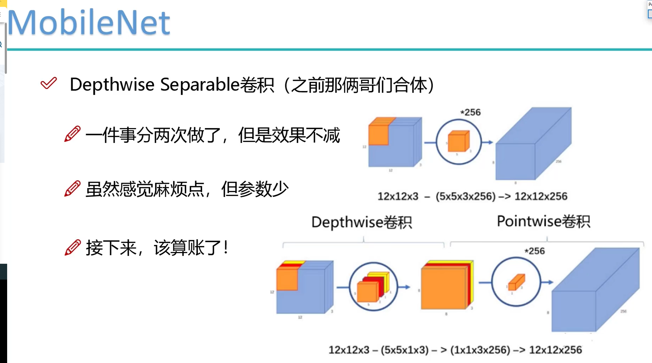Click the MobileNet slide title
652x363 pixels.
click(89, 22)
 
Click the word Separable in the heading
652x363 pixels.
click(200, 85)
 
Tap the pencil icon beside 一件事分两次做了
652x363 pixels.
click(72, 134)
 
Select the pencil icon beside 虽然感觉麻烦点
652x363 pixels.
click(72, 189)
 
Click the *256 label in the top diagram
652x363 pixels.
click(471, 112)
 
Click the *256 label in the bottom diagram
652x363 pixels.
click(535, 251)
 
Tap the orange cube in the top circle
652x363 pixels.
click(458, 141)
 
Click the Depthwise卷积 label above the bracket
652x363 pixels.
click(361, 222)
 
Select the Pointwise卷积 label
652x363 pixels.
click(543, 221)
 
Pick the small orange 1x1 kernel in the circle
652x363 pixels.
click(516, 283)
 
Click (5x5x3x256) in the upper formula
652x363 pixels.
click(465, 196)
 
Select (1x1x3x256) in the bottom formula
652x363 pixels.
click(480, 350)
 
